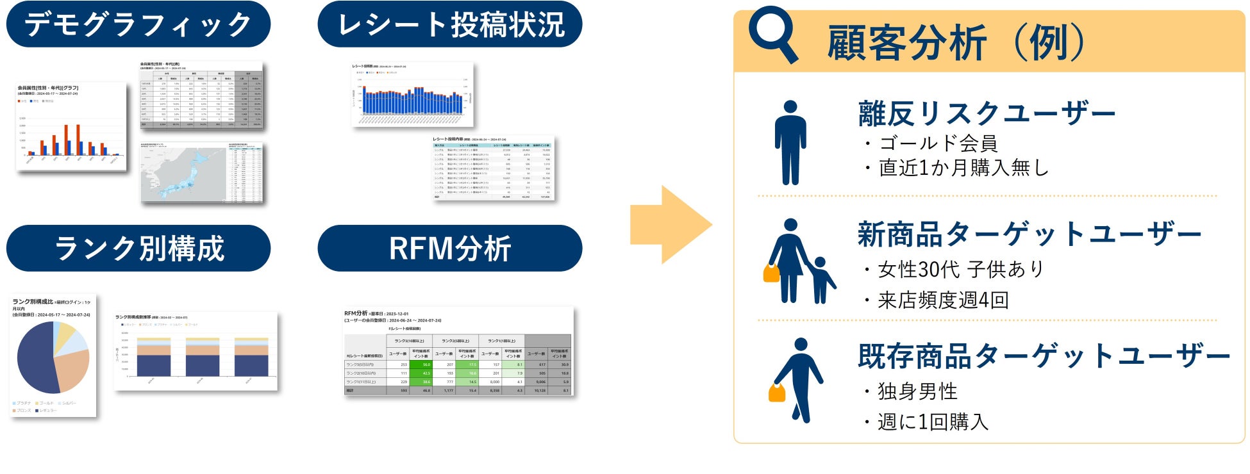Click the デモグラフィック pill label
pyautogui.click(x=138, y=24)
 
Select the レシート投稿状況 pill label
pyautogui.click(x=450, y=24)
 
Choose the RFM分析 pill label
pyautogui.click(x=450, y=248)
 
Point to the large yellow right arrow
pyautogui.click(x=671, y=225)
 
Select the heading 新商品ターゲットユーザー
pyautogui.click(x=1029, y=234)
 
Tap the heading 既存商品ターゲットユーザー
pyautogui.click(x=1043, y=356)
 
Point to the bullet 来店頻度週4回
pyautogui.click(x=943, y=300)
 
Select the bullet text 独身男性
pyautogui.click(x=917, y=391)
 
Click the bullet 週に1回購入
pyautogui.click(x=933, y=421)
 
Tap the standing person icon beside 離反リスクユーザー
pyautogui.click(x=790, y=142)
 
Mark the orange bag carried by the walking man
pyautogui.click(x=777, y=392)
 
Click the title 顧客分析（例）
pyautogui.click(x=955, y=42)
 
